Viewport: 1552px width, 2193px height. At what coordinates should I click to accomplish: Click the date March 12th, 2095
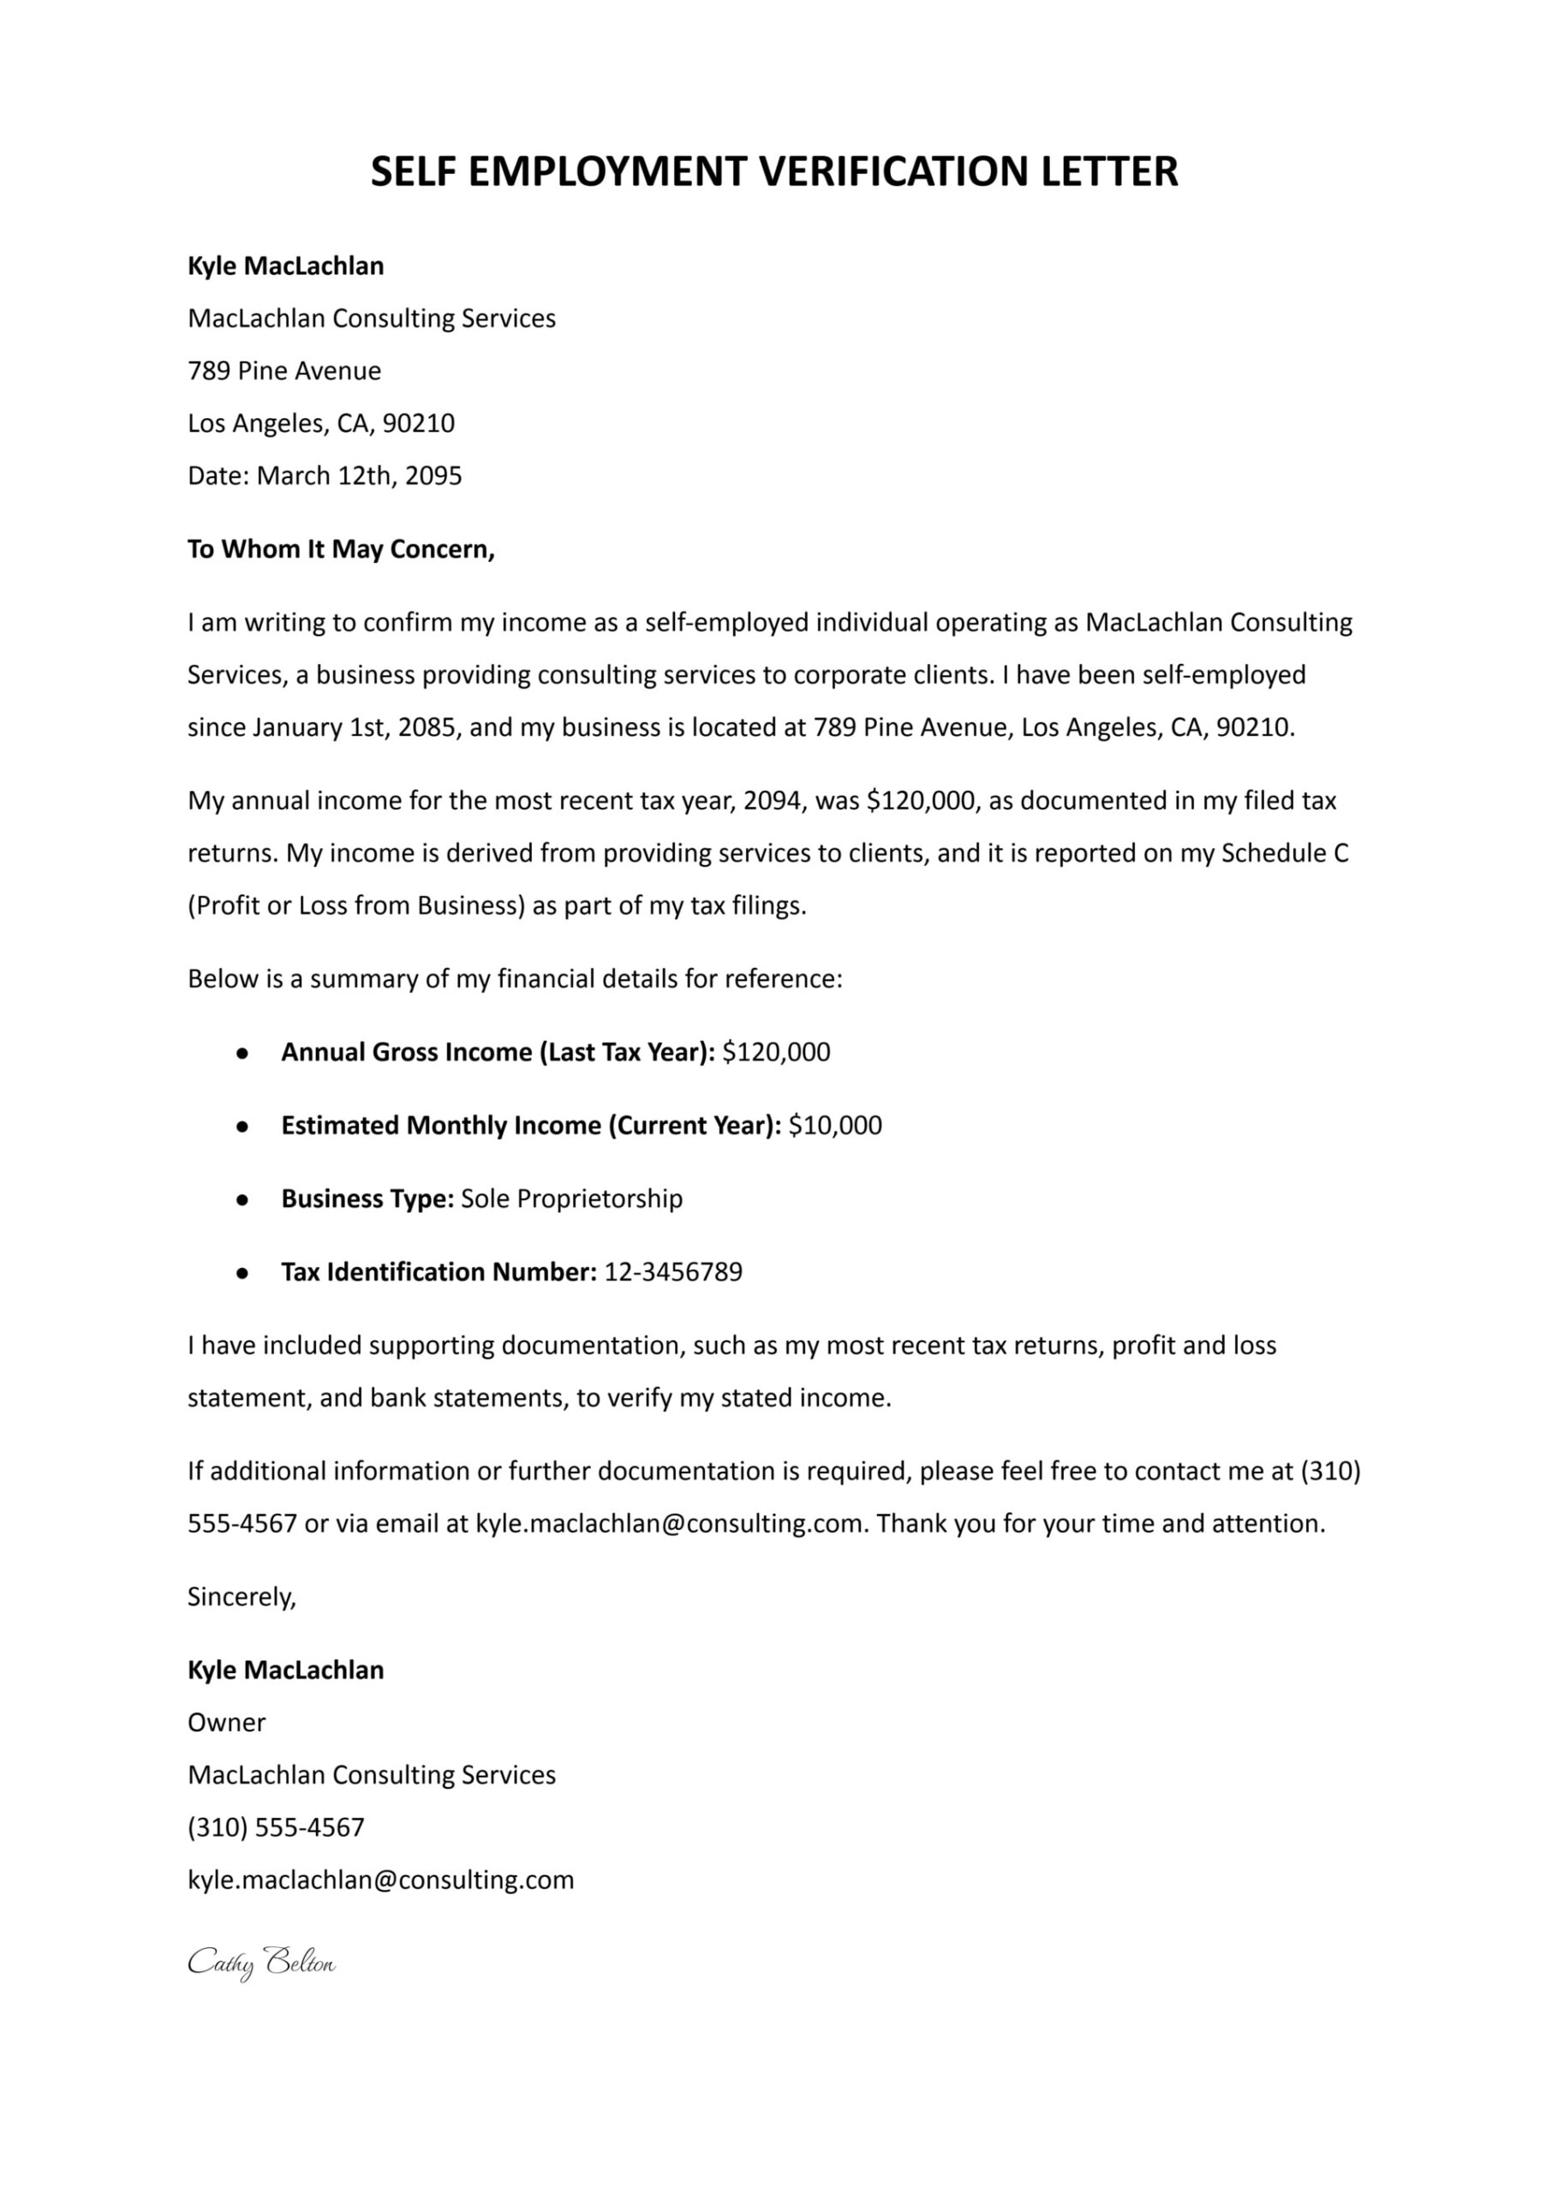coord(360,476)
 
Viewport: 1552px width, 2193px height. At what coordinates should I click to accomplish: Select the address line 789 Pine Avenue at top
coord(284,371)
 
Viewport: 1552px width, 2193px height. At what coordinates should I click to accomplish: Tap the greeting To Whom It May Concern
coord(340,549)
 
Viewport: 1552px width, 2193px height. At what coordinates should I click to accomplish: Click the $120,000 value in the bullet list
coord(776,1052)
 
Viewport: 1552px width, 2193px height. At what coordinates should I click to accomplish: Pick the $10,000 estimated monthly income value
coord(835,1126)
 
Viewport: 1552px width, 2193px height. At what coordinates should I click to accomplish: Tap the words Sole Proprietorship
coord(571,1199)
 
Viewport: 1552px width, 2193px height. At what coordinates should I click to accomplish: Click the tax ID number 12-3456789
coord(672,1272)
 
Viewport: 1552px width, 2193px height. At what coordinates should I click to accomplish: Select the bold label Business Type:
coord(367,1199)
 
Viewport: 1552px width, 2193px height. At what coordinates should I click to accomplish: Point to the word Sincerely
coord(242,1597)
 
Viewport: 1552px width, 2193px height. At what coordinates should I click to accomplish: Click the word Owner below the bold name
coord(226,1723)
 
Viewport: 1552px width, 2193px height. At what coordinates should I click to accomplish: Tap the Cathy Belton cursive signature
coord(261,1963)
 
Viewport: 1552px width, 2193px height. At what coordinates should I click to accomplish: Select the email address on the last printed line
coord(380,1879)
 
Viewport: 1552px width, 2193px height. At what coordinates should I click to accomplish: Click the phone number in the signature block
coord(276,1827)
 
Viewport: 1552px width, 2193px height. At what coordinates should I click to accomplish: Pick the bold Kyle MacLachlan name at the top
coord(286,266)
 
